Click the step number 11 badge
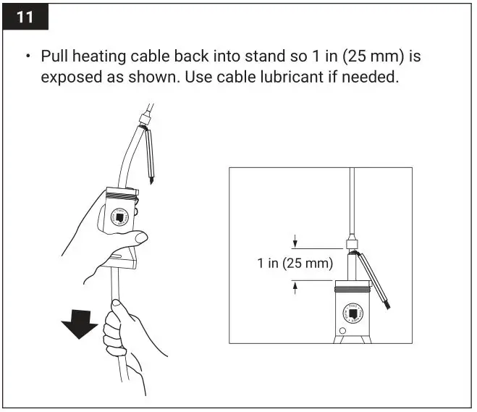click(25, 17)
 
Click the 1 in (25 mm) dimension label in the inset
click(295, 264)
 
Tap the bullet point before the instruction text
click(29, 56)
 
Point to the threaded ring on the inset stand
click(354, 290)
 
